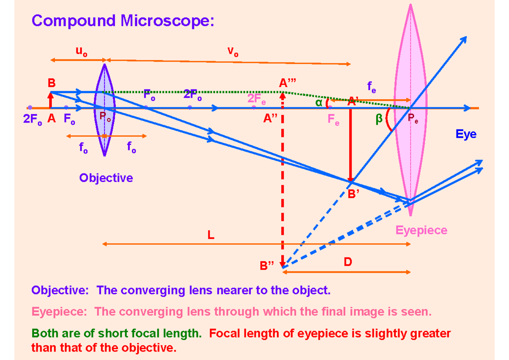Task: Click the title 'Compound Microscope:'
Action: (120, 21)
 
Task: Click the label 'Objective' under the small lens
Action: (106, 178)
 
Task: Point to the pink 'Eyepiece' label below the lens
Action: (421, 230)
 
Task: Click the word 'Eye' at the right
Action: (466, 134)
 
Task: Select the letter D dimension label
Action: (348, 262)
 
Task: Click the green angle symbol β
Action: (379, 120)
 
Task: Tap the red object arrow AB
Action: (50, 100)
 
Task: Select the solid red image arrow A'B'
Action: (351, 144)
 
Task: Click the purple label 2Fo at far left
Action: (33, 120)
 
